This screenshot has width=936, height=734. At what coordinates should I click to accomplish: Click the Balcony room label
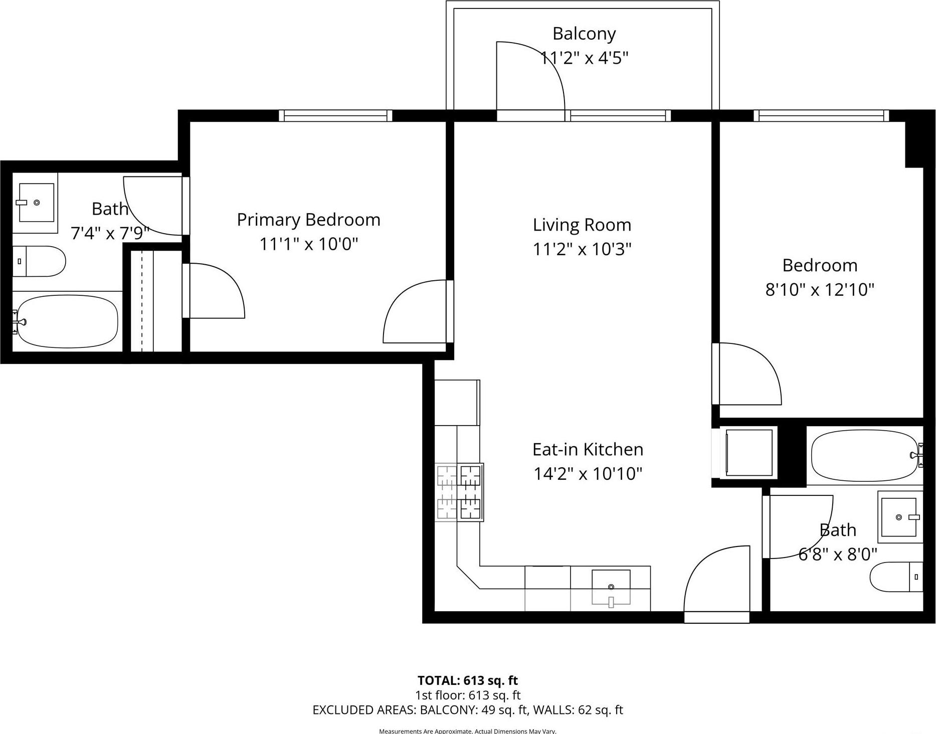584,34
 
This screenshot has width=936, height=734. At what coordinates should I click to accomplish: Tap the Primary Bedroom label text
308,220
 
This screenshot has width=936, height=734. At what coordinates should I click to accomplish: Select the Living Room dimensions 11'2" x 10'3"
582,249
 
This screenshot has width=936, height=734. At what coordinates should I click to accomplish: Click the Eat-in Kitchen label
588,449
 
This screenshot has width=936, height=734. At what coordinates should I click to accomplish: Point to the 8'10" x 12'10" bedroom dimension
820,289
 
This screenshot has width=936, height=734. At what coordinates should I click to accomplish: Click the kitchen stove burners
459,492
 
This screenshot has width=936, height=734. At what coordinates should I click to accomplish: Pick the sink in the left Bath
36,203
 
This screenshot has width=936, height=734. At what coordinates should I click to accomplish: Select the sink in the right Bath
900,517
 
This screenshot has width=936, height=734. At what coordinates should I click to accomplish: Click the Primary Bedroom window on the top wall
335,116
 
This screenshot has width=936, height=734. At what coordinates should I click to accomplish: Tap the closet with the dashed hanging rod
156,301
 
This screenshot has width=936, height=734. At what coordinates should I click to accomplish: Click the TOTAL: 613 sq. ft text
467,680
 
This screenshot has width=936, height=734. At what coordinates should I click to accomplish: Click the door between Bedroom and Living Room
747,374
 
